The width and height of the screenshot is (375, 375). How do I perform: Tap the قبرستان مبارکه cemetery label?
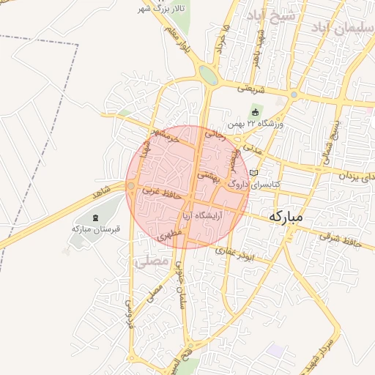click(96, 228)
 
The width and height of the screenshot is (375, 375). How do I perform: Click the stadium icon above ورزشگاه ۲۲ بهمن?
click(255, 112)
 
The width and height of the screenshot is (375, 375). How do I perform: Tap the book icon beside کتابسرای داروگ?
click(254, 173)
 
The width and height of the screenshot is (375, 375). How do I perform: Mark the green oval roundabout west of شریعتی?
click(208, 75)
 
